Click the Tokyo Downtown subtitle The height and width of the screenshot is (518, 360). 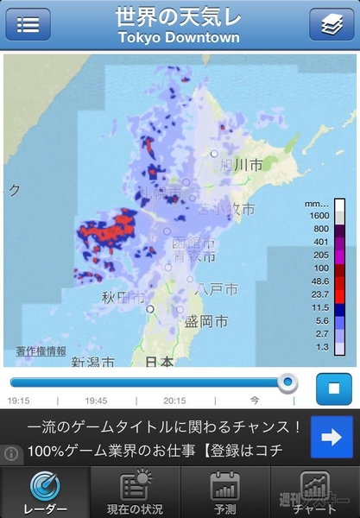[x=179, y=39]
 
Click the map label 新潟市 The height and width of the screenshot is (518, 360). [x=92, y=362]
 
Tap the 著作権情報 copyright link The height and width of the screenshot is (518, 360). [x=41, y=351]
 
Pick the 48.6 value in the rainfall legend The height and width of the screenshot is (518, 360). [x=320, y=281]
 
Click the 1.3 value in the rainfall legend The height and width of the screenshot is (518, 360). [x=320, y=346]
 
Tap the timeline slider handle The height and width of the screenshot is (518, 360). [x=287, y=382]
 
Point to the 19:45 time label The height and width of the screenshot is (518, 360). [x=95, y=401]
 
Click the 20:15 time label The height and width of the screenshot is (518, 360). [x=174, y=401]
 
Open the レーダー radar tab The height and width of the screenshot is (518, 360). [x=45, y=492]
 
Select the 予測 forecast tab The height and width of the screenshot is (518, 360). [x=224, y=492]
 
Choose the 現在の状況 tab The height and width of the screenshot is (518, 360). [x=135, y=492]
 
